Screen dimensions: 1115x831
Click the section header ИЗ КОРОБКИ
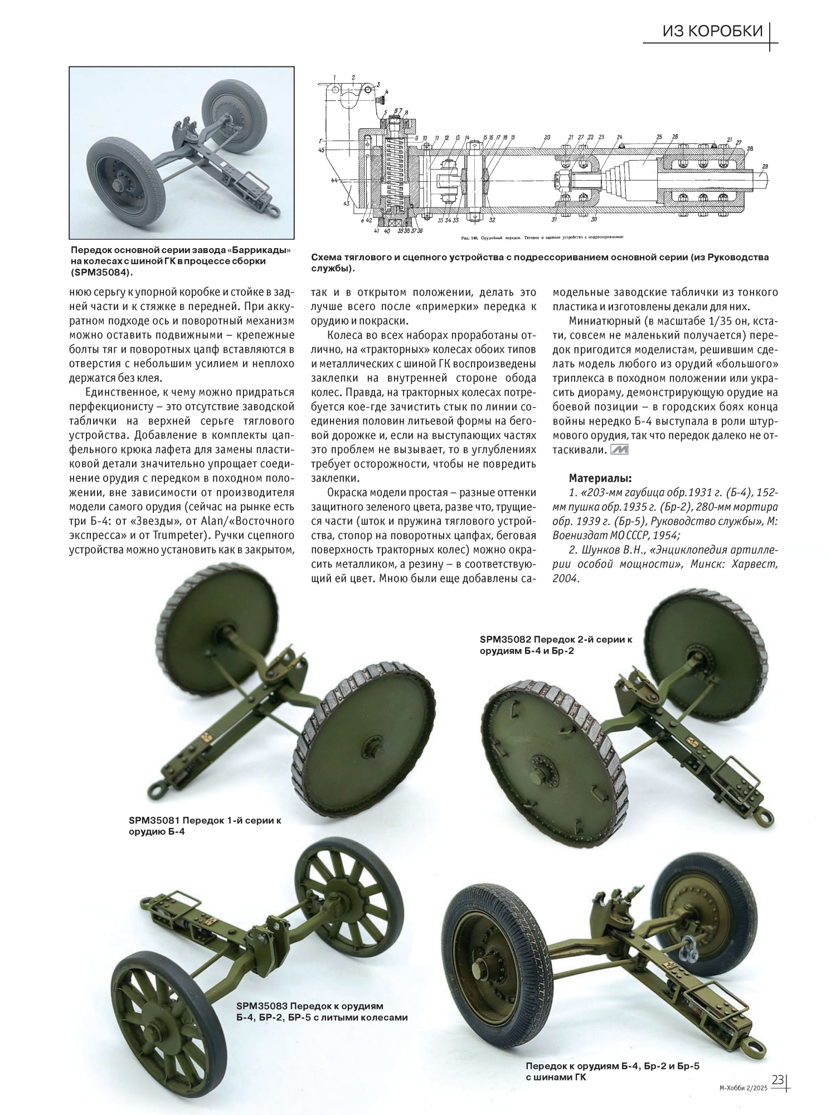click(712, 31)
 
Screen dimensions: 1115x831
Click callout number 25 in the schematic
click(658, 137)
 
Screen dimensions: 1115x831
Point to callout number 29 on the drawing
click(765, 167)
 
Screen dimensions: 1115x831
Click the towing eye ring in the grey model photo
click(274, 211)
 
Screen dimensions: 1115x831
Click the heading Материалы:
click(600, 478)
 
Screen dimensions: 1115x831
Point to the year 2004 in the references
click(566, 579)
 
